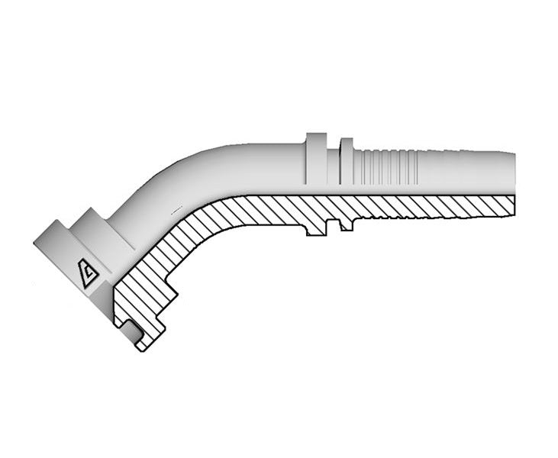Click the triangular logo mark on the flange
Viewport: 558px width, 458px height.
(89, 272)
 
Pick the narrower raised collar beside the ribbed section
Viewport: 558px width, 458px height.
(347, 161)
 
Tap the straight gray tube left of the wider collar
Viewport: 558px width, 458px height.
(267, 163)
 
